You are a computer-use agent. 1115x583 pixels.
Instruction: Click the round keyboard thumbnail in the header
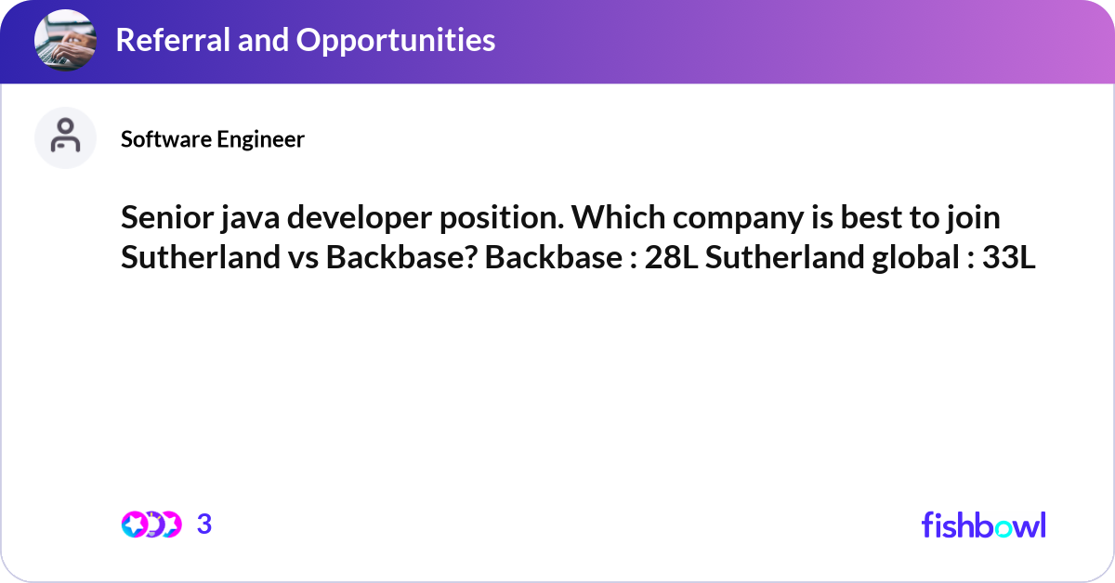[65, 41]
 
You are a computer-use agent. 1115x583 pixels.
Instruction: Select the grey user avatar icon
[65, 137]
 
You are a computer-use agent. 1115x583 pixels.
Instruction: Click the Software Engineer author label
[213, 139]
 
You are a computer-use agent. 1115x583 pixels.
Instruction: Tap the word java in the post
[245, 219]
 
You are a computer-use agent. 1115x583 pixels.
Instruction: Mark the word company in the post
[728, 219]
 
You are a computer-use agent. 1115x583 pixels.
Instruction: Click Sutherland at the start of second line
[195, 258]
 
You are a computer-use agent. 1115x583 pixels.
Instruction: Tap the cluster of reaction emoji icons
[151, 525]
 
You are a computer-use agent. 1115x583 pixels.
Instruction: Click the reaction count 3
[204, 525]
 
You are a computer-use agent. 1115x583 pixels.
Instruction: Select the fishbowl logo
[983, 525]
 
